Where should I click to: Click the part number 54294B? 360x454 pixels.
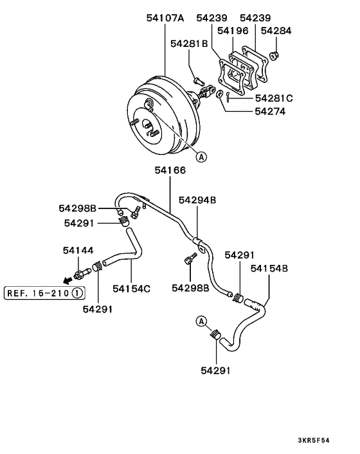[x=197, y=201]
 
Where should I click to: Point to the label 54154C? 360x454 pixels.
[x=132, y=288]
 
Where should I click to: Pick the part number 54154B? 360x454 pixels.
[x=269, y=268]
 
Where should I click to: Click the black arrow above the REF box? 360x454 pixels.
[x=66, y=280]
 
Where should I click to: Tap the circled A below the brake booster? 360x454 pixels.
[x=201, y=156]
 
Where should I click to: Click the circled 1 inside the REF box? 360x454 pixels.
[x=76, y=293]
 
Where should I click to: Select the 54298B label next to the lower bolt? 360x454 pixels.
[x=190, y=287]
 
